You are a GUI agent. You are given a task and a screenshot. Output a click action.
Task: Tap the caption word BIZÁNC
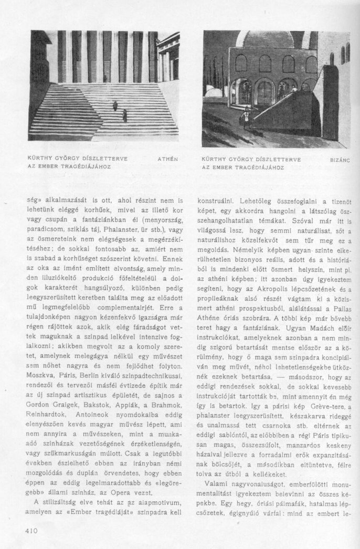pos(340,158)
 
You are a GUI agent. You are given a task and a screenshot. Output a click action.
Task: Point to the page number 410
pos(32,530)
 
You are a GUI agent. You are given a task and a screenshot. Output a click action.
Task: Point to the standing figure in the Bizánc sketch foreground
pos(245,117)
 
